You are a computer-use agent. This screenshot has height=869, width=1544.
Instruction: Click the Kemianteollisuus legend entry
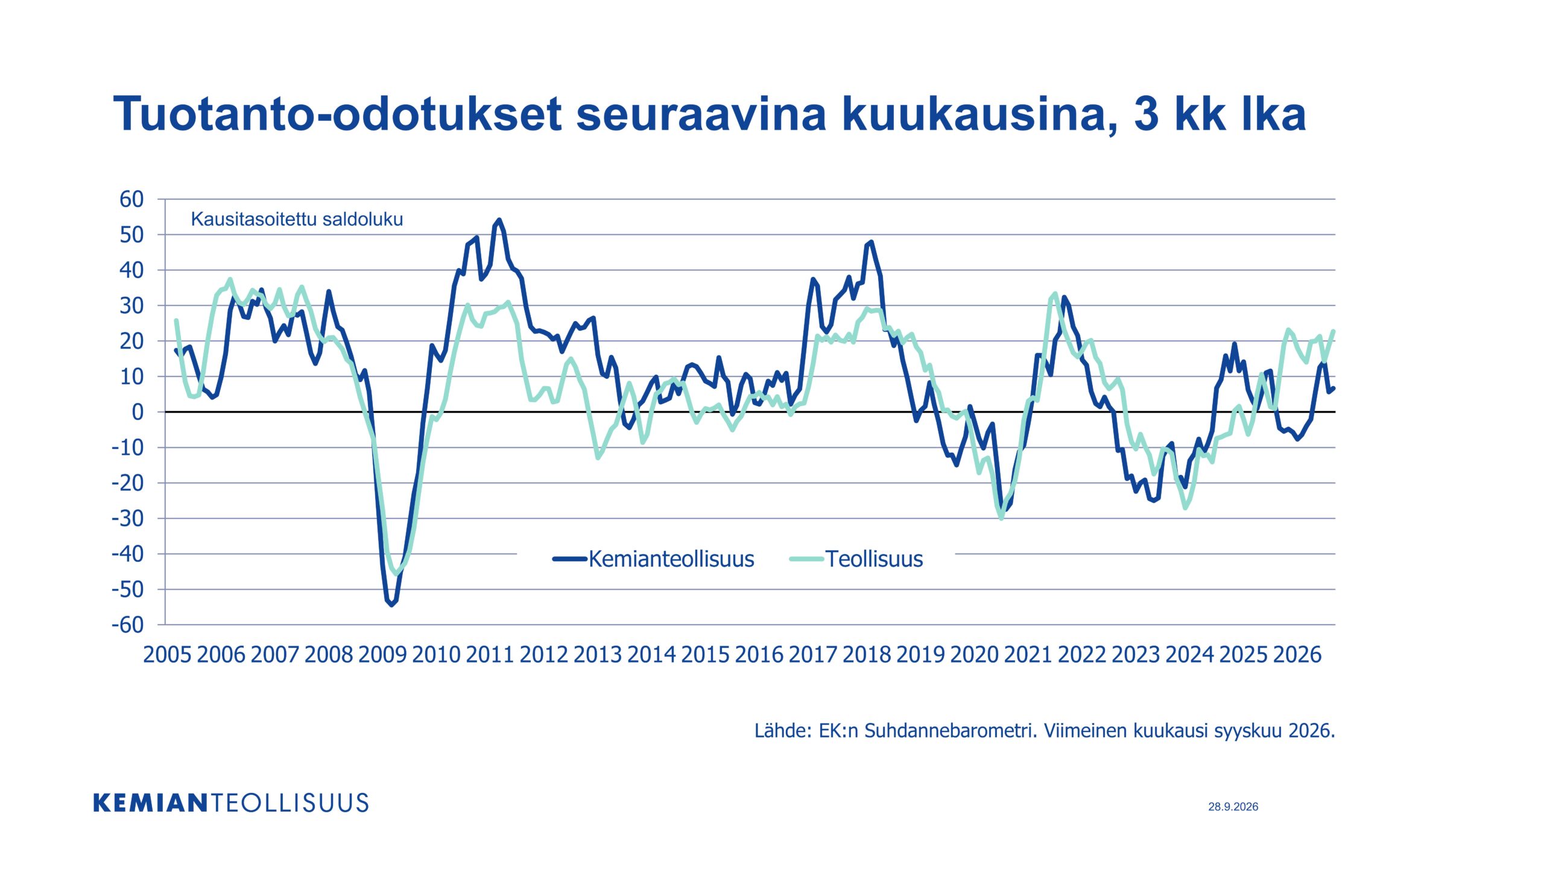(653, 559)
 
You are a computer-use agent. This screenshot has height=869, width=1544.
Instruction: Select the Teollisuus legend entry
(856, 559)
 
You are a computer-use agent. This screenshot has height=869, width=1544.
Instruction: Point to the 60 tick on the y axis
(131, 199)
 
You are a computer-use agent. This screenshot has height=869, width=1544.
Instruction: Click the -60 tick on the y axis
(128, 625)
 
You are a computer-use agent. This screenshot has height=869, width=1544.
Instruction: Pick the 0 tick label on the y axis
(138, 412)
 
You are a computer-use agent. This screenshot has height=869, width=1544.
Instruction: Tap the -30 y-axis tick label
(128, 518)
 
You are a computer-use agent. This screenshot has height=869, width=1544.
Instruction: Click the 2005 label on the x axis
(167, 655)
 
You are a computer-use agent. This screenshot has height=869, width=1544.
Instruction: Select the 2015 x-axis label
(705, 655)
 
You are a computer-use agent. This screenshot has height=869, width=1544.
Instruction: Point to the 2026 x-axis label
(1297, 655)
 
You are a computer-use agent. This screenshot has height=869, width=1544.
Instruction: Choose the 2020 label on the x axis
(974, 655)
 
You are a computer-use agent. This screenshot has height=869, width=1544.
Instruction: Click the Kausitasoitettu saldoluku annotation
(297, 219)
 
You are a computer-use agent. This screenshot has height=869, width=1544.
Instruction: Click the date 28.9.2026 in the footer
(1233, 807)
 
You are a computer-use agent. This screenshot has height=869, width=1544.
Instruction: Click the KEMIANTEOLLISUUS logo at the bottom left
(231, 803)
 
